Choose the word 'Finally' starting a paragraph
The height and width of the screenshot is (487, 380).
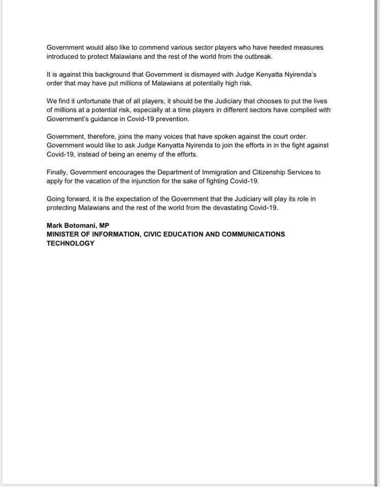[x=57, y=172]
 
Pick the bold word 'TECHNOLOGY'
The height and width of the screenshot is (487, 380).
[x=71, y=243]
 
